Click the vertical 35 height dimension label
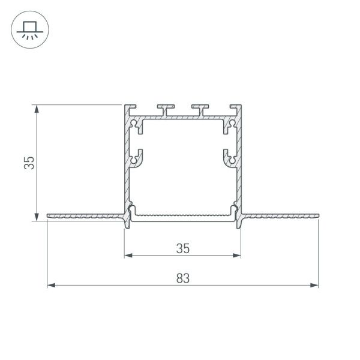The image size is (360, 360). coord(28,163)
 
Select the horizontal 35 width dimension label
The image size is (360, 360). coord(182,247)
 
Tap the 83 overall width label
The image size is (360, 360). coord(183,277)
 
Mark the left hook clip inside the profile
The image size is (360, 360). coord(138,158)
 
